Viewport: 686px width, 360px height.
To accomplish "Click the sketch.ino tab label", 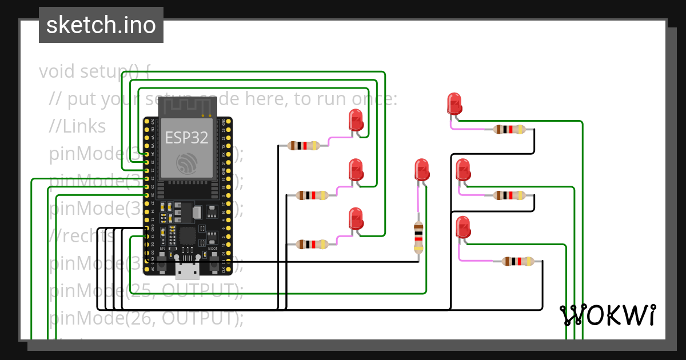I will pos(101,25).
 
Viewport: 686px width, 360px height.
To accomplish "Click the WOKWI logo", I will pos(607,315).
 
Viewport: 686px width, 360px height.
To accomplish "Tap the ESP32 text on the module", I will pos(187,138).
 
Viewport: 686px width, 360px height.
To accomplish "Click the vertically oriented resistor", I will pos(418,237).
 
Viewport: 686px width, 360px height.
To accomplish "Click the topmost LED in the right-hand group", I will pos(454,104).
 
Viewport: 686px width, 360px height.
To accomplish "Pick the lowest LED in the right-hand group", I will pos(462,227).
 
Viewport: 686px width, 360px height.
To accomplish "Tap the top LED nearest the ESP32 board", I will pos(356,121).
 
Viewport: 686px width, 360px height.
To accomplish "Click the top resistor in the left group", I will pos(304,146).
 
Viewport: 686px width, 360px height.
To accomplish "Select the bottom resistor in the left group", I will pos(312,245).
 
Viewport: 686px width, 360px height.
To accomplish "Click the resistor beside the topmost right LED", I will pos(509,130).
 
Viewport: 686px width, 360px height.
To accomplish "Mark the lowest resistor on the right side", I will pos(518,262).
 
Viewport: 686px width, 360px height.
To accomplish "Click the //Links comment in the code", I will pos(77,126).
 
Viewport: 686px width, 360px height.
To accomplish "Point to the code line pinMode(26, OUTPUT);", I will pos(146,318).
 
